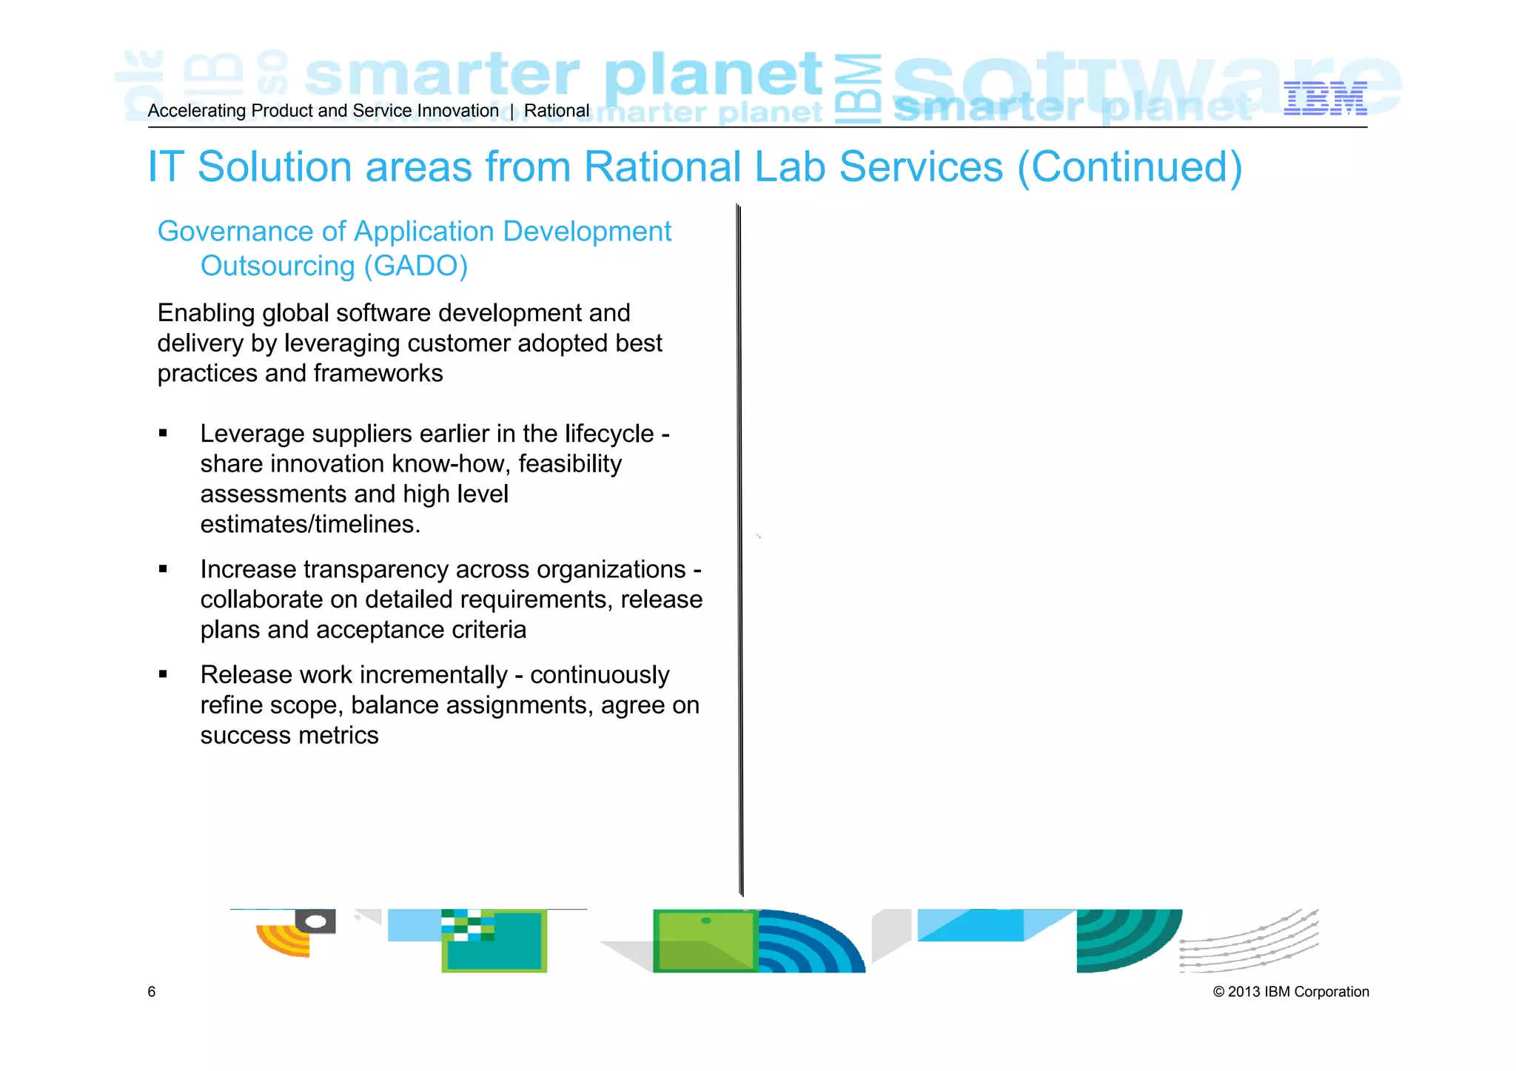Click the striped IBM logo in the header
pyautogui.click(x=1325, y=99)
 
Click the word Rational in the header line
pyautogui.click(x=557, y=111)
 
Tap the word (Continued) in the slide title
pyautogui.click(x=1130, y=167)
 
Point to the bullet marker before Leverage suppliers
pyautogui.click(x=163, y=434)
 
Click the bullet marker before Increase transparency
pyautogui.click(x=163, y=569)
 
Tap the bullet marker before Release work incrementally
pyautogui.click(x=163, y=675)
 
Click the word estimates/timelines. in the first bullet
pyautogui.click(x=310, y=525)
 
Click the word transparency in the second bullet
pyautogui.click(x=375, y=570)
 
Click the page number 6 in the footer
pyautogui.click(x=152, y=992)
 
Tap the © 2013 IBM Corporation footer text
pyautogui.click(x=1291, y=992)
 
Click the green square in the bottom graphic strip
pyautogui.click(x=705, y=941)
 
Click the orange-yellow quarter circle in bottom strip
pyautogui.click(x=284, y=940)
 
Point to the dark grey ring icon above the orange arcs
pyautogui.click(x=316, y=921)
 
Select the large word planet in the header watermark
pyautogui.click(x=712, y=75)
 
